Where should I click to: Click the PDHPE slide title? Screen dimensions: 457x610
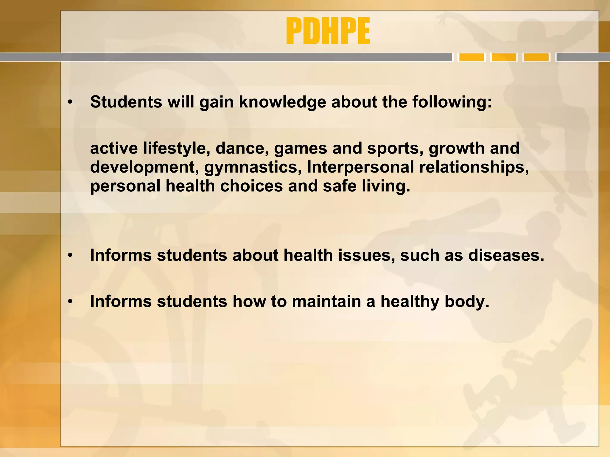click(328, 31)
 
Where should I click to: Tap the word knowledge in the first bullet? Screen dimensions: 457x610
click(282, 102)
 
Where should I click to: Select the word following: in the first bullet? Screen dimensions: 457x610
click(452, 102)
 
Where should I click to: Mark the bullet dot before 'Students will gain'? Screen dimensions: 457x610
click(70, 103)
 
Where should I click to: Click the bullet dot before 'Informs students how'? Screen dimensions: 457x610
click(70, 302)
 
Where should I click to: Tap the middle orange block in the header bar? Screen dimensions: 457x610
click(504, 57)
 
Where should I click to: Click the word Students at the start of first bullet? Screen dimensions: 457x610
click(126, 102)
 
